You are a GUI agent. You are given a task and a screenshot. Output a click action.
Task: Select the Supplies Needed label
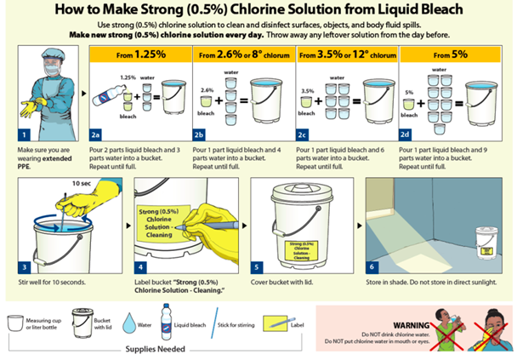[x=156, y=348]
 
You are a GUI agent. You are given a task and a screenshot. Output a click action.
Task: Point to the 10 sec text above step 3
[x=82, y=183]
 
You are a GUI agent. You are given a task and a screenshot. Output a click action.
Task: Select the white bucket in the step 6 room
[x=486, y=241]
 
